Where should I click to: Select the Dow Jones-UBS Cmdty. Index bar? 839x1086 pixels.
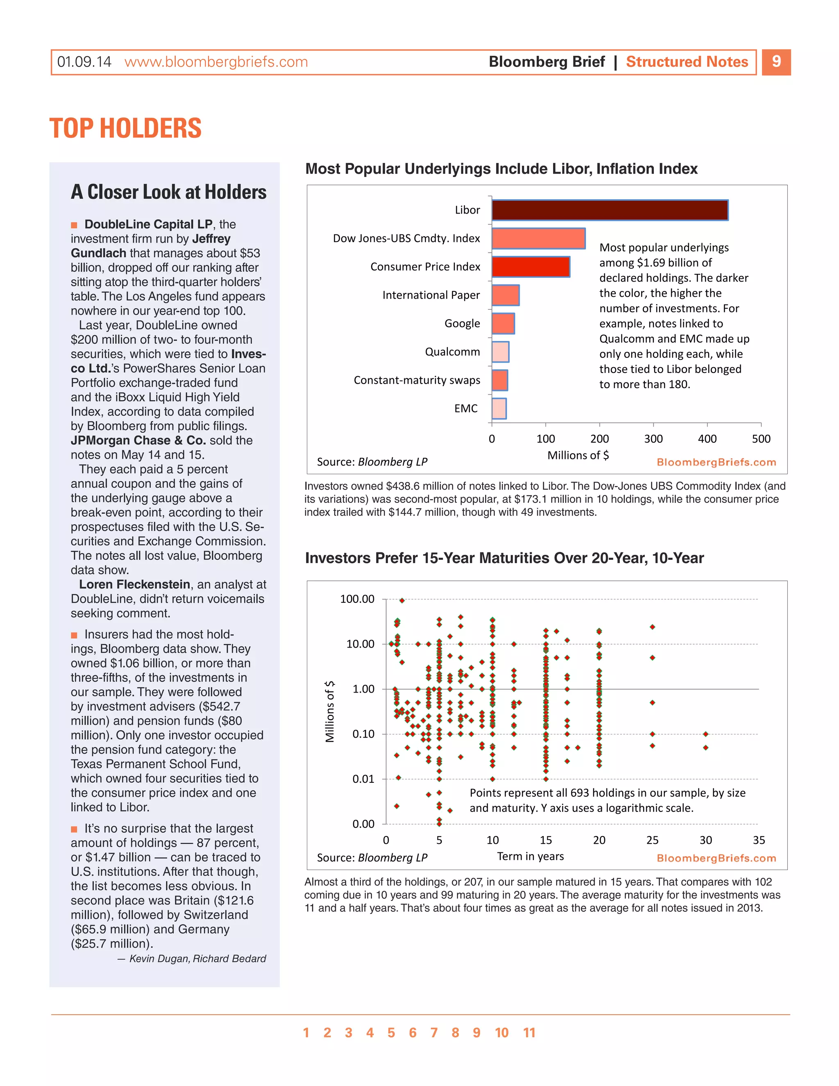pyautogui.click(x=538, y=238)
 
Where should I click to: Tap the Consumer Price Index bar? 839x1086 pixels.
pyautogui.click(x=531, y=266)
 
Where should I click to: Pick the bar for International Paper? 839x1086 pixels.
pyautogui.click(x=506, y=295)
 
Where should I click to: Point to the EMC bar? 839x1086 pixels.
pyautogui.click(x=499, y=408)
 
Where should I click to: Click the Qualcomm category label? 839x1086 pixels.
pyautogui.click(x=452, y=352)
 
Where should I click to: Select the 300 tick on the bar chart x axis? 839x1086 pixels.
pyautogui.click(x=653, y=438)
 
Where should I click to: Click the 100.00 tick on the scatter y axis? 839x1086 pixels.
pyautogui.click(x=357, y=599)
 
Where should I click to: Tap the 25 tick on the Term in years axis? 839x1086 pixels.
pyautogui.click(x=652, y=840)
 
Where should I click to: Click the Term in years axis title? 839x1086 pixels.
pyautogui.click(x=531, y=856)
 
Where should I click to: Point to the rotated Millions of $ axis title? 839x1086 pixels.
pyautogui.click(x=329, y=711)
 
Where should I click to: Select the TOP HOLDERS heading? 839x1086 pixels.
pyautogui.click(x=125, y=128)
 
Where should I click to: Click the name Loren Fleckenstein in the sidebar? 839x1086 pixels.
pyautogui.click(x=134, y=584)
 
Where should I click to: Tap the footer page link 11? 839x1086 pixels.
pyautogui.click(x=529, y=1033)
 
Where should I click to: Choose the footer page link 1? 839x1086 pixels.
pyautogui.click(x=306, y=1033)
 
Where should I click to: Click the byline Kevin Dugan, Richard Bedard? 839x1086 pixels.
pyautogui.click(x=197, y=958)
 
